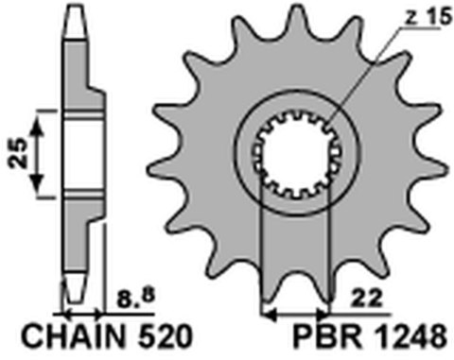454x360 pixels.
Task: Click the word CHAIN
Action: [60, 338]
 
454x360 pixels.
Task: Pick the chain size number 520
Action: [164, 338]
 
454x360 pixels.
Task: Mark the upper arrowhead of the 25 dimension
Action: [38, 114]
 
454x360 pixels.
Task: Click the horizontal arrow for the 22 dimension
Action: [295, 312]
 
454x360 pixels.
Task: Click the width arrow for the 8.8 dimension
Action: [79, 312]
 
